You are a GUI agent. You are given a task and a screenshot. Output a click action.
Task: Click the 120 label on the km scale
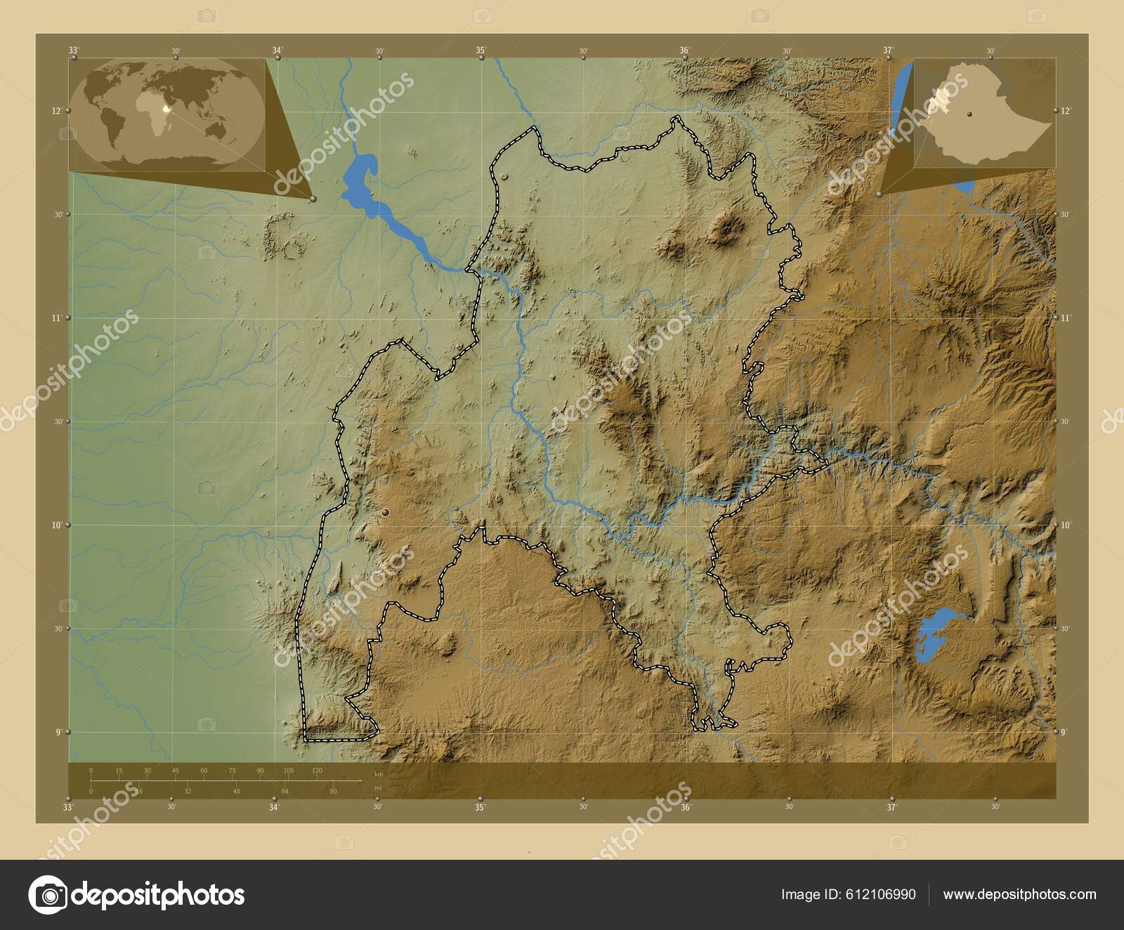click(x=316, y=771)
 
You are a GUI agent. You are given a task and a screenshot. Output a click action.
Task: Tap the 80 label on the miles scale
click(x=333, y=791)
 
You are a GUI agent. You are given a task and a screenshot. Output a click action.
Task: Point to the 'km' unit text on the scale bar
click(x=379, y=774)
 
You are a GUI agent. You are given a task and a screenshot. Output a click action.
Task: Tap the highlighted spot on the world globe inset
click(x=166, y=109)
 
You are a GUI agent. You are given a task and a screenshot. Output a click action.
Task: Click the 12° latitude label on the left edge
click(x=56, y=110)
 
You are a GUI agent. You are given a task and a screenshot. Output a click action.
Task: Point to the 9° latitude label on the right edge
click(x=1064, y=732)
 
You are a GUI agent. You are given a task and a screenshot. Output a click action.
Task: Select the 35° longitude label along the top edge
click(x=481, y=50)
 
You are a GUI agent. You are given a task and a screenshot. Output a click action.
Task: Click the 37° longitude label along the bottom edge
click(x=891, y=807)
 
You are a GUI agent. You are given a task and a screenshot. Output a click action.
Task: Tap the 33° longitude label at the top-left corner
click(x=73, y=50)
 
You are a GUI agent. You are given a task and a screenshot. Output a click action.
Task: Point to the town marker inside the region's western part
click(x=385, y=514)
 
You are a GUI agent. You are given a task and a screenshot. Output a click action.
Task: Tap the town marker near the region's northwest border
click(x=504, y=176)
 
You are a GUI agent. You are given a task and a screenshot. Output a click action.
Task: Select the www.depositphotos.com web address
click(x=1019, y=894)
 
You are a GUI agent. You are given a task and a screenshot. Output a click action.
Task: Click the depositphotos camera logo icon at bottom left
click(x=47, y=895)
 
